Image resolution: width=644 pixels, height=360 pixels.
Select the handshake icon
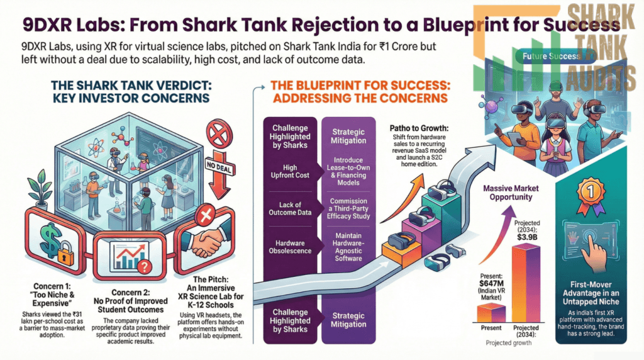click(x=208, y=239)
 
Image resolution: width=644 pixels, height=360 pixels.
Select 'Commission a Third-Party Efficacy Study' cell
click(x=347, y=210)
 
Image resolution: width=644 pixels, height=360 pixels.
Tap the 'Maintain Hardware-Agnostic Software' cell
click(x=347, y=247)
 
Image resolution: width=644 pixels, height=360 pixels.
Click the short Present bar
click(x=491, y=313)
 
